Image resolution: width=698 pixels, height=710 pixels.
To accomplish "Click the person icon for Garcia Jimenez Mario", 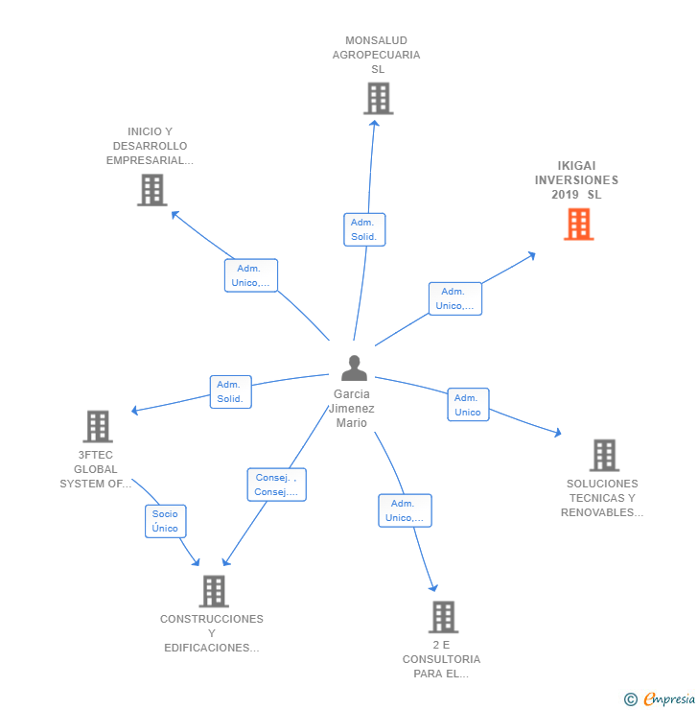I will (x=354, y=368).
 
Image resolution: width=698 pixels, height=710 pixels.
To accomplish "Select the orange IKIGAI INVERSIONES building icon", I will (x=578, y=224).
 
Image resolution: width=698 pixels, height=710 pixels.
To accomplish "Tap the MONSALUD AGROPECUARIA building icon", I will (x=378, y=98).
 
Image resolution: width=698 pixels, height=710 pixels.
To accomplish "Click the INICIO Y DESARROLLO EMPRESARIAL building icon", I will (x=151, y=190).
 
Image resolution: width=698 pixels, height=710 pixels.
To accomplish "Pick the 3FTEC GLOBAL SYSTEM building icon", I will (x=97, y=426).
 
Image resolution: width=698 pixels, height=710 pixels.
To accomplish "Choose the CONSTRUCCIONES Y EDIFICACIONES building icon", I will (x=213, y=591).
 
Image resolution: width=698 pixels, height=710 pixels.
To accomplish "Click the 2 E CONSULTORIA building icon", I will (x=442, y=617).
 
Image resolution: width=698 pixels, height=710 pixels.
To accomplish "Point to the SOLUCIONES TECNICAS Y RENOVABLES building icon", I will (x=603, y=455).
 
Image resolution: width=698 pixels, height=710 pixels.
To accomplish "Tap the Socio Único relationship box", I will (x=165, y=521).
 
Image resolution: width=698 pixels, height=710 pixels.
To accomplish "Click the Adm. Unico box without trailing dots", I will (x=468, y=405).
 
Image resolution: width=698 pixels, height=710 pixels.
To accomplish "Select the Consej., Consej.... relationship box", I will (x=276, y=485).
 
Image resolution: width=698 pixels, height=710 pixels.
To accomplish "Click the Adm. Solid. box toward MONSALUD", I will (x=364, y=229).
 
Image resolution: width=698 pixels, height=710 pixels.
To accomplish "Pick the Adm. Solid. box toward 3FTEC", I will (x=230, y=391).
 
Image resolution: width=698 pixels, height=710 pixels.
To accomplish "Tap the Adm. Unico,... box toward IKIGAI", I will (x=454, y=298).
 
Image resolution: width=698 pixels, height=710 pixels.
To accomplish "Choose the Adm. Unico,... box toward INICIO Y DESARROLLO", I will (x=250, y=275).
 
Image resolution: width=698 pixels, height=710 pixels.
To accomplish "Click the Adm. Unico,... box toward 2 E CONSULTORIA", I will (x=405, y=510).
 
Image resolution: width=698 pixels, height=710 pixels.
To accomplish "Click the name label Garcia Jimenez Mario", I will (x=352, y=409).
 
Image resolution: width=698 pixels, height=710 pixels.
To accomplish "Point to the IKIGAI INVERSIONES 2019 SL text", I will (x=576, y=180).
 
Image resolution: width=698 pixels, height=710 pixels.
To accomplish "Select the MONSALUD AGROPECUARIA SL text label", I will (x=377, y=55).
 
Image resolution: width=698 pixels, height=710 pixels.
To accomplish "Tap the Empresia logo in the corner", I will (x=661, y=699).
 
